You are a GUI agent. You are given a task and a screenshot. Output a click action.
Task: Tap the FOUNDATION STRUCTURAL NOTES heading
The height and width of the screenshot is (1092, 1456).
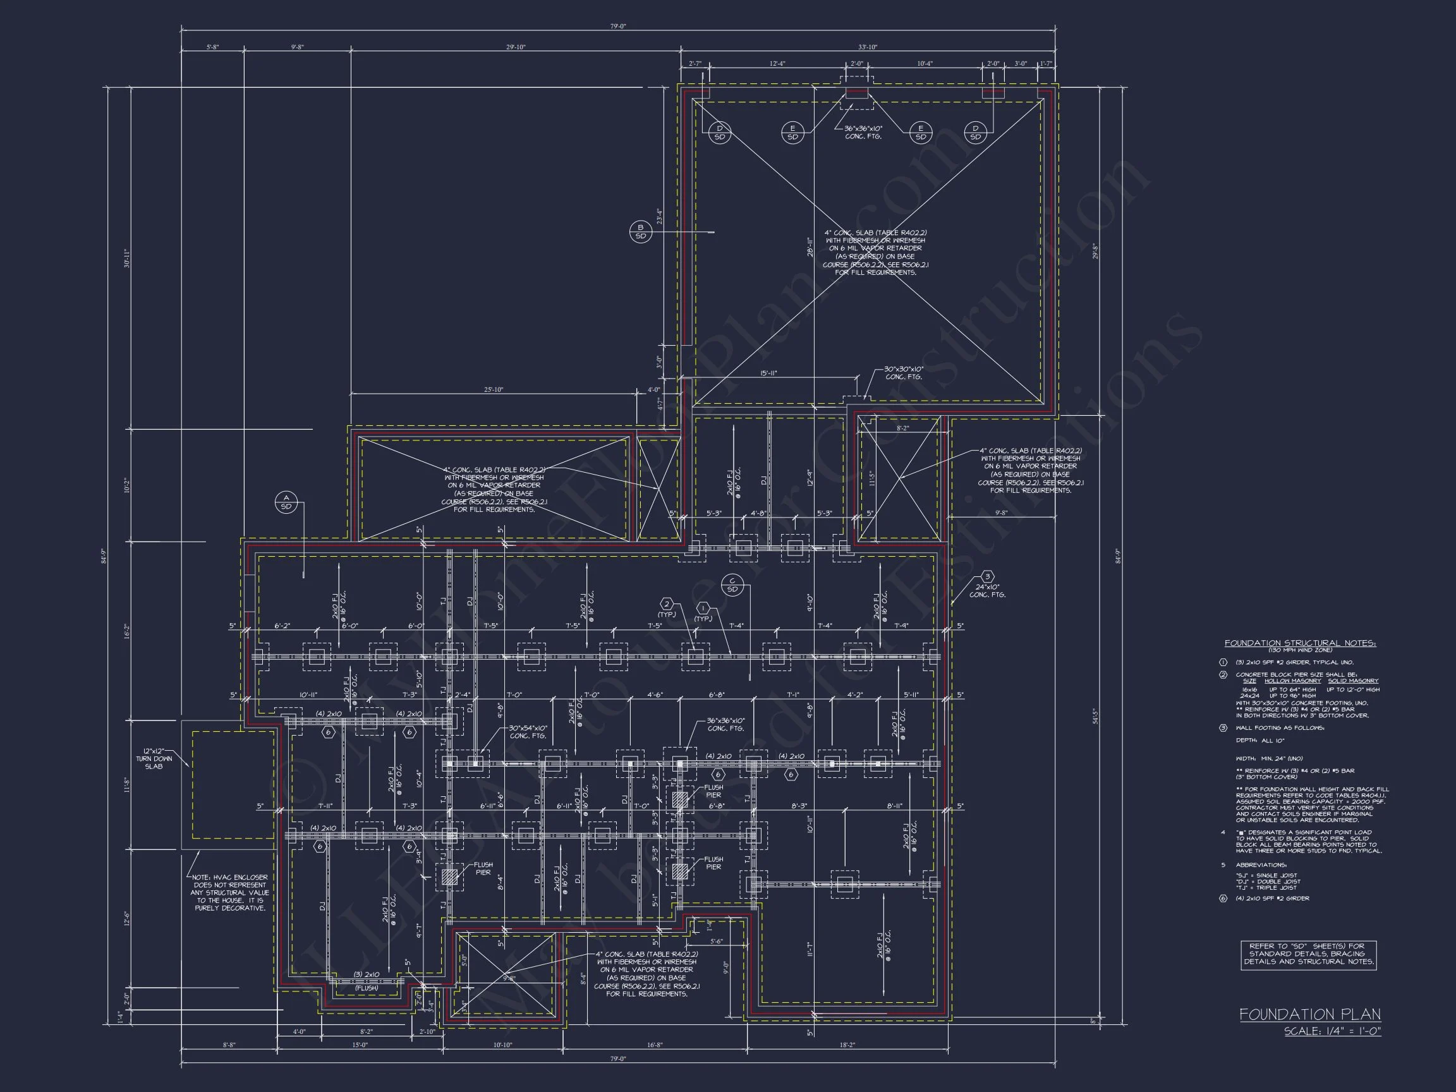click(1300, 643)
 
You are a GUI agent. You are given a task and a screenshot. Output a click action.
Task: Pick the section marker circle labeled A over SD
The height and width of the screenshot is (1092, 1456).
click(286, 502)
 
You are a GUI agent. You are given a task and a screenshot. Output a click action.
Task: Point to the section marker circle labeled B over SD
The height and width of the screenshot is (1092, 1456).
click(640, 231)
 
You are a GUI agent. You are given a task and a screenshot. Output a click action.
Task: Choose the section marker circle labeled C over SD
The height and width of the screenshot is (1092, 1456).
click(732, 585)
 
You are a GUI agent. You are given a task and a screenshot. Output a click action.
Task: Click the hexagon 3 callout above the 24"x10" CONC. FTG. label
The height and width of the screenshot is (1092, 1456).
click(987, 576)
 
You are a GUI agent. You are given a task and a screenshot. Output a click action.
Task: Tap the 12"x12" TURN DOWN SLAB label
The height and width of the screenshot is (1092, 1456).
click(154, 758)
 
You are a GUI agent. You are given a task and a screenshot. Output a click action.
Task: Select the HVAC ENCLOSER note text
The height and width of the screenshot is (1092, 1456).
click(230, 892)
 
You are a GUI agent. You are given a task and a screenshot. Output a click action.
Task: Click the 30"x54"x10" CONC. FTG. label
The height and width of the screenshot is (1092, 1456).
click(528, 732)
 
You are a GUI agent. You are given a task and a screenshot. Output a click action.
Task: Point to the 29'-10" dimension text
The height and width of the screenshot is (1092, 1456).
click(516, 47)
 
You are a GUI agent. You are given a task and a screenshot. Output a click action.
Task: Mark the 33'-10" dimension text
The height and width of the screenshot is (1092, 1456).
click(868, 47)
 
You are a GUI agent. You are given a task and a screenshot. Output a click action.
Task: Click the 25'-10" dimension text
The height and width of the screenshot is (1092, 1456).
click(494, 390)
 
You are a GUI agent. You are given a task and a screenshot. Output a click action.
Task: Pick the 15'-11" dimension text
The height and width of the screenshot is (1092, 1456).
click(769, 373)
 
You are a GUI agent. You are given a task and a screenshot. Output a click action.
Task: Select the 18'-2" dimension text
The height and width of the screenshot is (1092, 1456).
click(848, 1045)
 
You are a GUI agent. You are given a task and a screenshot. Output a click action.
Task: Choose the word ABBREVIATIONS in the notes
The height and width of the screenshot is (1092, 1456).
click(1261, 864)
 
